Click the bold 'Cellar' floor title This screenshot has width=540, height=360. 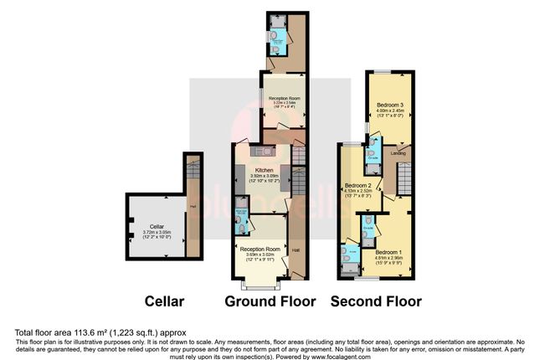coord(163,301)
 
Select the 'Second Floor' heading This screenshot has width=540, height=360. coord(376,301)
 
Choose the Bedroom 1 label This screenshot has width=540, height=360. coord(388,252)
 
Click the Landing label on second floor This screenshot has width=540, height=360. coord(399,153)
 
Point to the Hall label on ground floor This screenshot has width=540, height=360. coord(296,249)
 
